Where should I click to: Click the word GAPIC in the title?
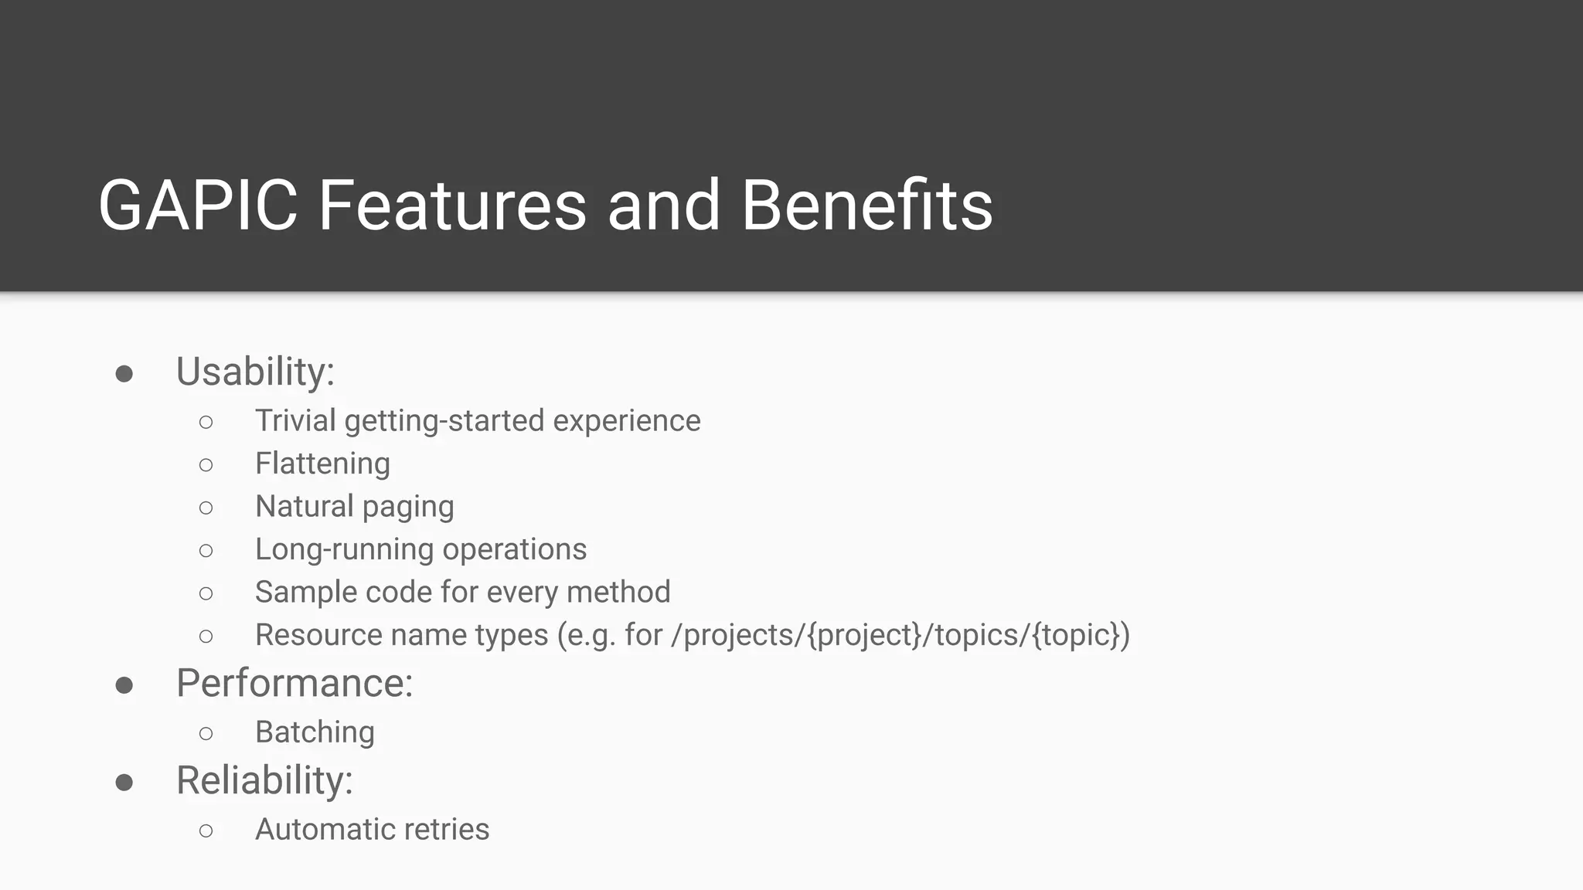point(198,206)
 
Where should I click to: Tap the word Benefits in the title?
point(866,206)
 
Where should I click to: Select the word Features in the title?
point(452,206)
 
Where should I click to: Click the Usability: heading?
point(255,372)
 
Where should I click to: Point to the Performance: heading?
point(294,683)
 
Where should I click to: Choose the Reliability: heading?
point(264,780)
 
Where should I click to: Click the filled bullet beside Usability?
point(124,375)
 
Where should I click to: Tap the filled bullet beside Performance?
point(124,685)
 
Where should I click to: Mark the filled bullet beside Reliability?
point(124,783)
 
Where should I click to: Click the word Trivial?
point(295,421)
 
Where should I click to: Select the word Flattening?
point(322,464)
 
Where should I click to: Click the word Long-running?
point(344,550)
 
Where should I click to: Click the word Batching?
point(315,732)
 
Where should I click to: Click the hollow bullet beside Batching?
point(206,733)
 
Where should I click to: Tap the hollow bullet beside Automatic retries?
point(206,831)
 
